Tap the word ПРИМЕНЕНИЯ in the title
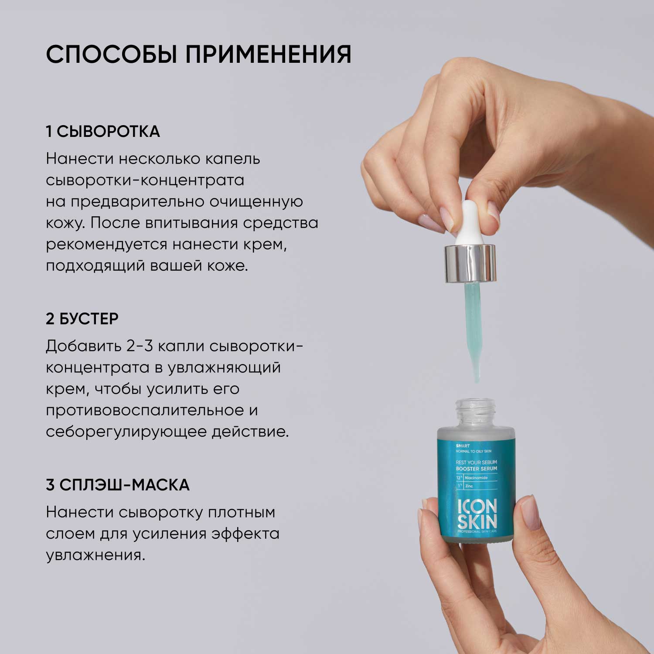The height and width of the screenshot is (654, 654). pyautogui.click(x=268, y=54)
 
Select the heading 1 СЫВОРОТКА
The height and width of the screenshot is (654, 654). pyautogui.click(x=103, y=132)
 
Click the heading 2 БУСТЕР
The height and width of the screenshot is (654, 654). pyautogui.click(x=82, y=319)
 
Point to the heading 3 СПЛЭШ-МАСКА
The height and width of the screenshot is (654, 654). pyautogui.click(x=118, y=485)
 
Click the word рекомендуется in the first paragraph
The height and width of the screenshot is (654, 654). pyautogui.click(x=107, y=245)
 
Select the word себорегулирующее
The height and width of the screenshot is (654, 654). pyautogui.click(x=126, y=432)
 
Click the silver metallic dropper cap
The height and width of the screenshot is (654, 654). pyautogui.click(x=470, y=263)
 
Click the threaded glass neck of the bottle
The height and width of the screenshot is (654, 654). pyautogui.click(x=476, y=412)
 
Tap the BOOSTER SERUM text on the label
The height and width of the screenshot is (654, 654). pyautogui.click(x=476, y=469)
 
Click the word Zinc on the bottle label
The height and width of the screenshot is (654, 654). pyautogui.click(x=469, y=486)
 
